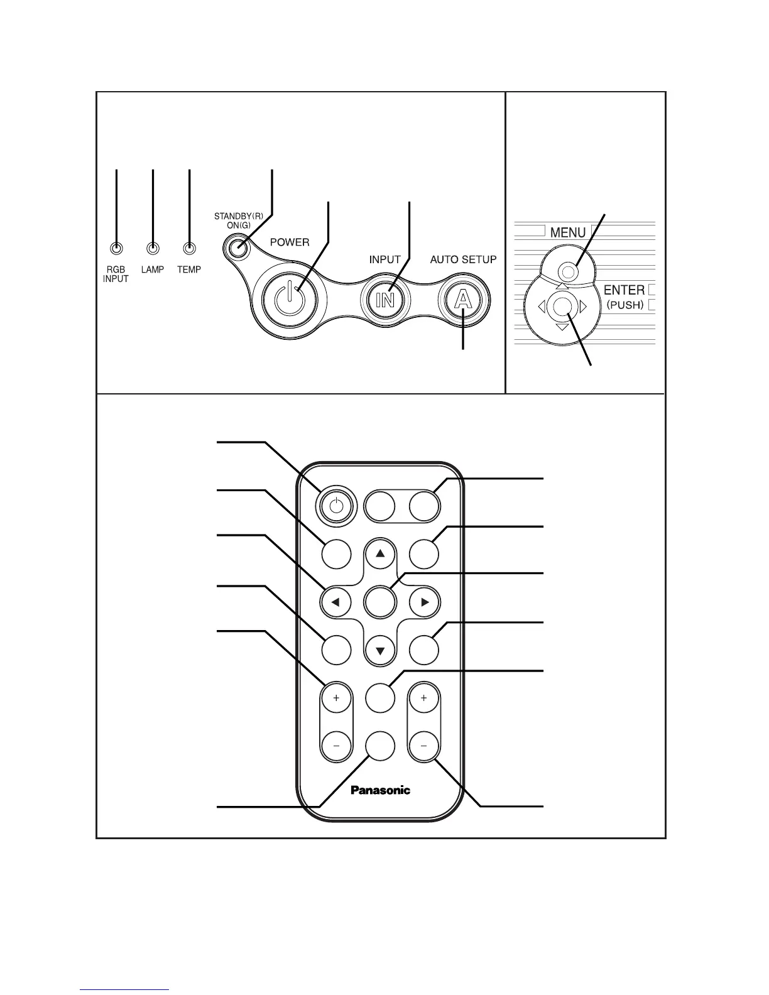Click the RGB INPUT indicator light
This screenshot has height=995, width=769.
116,249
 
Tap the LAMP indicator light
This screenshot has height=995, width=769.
153,249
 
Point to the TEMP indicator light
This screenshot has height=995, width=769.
189,249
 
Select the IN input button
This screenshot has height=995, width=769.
384,300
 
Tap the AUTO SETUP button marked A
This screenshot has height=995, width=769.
463,300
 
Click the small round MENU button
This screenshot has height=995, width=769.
567,272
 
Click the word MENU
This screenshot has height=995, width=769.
568,232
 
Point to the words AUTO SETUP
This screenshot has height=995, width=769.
463,259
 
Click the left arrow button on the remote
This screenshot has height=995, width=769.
336,602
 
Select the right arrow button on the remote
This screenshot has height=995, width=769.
425,602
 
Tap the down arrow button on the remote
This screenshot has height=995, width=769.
380,650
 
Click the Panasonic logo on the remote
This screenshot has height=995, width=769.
380,790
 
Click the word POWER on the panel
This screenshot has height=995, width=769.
290,242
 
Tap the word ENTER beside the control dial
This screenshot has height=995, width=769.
624,290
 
